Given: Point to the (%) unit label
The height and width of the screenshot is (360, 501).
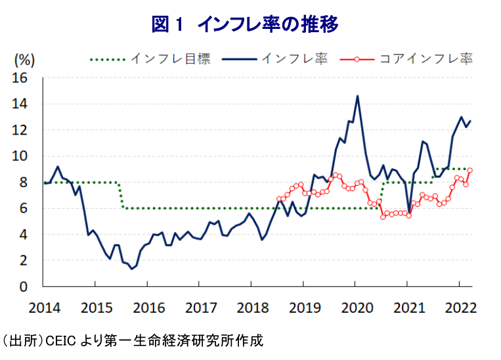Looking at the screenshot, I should pos(24,59).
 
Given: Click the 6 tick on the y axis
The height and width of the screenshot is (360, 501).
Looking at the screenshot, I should pos(27,208).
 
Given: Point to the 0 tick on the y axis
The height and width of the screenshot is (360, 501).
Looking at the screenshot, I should pos(27,286).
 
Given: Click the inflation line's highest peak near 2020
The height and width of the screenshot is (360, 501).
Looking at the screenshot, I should pos(357,96).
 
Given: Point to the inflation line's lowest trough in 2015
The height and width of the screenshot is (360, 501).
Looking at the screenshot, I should pos(131,269).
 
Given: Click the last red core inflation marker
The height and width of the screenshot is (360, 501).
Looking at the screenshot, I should pos(470,170).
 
